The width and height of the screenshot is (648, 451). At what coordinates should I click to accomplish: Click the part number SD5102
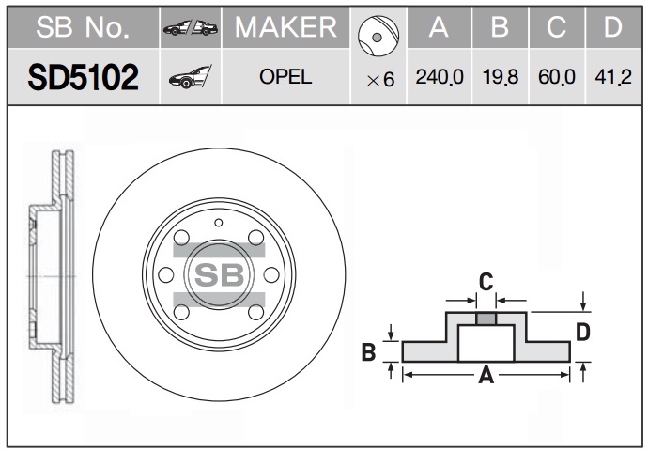[x=83, y=77]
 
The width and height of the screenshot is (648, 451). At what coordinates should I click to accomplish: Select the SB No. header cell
[x=83, y=27]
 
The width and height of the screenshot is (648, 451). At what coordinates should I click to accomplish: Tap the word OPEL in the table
[x=285, y=77]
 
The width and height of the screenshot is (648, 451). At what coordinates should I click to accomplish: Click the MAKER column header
[x=285, y=27]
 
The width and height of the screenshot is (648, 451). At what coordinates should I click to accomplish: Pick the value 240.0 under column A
[x=440, y=77]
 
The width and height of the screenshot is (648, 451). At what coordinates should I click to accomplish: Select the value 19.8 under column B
[x=500, y=77]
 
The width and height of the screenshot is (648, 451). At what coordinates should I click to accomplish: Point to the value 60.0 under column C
[x=557, y=77]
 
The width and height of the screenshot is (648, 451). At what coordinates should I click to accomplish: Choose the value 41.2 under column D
[x=613, y=77]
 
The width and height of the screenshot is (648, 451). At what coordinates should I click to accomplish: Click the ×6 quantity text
[x=381, y=80]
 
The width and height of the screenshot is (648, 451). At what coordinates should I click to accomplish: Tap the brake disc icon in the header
[x=378, y=36]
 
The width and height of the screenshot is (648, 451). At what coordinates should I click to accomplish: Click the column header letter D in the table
[x=613, y=27]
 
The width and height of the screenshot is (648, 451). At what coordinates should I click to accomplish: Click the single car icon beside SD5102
[x=190, y=77]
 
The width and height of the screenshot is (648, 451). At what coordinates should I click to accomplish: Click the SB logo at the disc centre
[x=219, y=275]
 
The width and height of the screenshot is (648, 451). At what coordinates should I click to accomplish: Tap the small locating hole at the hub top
[x=219, y=223]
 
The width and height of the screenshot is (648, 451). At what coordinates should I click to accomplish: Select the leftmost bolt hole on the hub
[x=166, y=275]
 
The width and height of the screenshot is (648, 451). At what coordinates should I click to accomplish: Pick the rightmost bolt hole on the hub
[x=271, y=275]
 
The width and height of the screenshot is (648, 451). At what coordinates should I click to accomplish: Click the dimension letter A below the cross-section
[x=486, y=375]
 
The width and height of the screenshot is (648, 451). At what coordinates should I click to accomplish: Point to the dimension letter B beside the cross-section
[x=369, y=352]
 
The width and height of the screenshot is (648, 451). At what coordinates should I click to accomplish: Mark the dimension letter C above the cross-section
[x=486, y=282]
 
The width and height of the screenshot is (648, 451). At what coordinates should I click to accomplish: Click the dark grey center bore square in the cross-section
[x=486, y=319]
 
